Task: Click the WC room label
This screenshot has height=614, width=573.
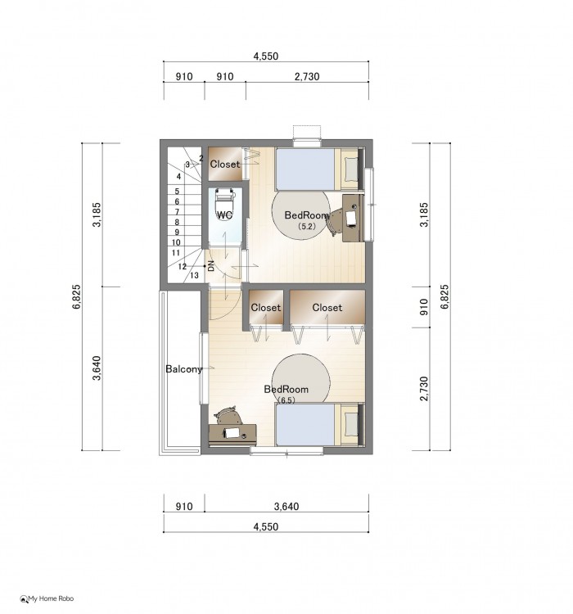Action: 224,215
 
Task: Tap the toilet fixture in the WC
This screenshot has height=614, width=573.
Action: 224,205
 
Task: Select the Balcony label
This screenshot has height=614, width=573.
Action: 183,369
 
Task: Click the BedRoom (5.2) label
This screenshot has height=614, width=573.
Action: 306,219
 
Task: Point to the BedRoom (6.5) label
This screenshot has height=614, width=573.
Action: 286,394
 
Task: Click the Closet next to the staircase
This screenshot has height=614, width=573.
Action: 225,164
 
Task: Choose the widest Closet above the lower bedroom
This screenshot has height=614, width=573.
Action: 327,307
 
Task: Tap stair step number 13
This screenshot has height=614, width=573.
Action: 194,275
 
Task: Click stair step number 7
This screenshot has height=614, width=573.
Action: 177,212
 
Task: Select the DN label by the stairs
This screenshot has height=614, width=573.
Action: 211,266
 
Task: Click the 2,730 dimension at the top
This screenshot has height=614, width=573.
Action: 307,76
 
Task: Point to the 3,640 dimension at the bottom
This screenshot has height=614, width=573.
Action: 286,506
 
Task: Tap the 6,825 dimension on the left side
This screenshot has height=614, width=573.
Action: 76,296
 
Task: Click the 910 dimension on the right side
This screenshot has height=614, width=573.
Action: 424,307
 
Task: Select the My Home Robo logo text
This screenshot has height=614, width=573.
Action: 51,598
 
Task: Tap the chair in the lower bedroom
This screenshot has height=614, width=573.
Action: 228,415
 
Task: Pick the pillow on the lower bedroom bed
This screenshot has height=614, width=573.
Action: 351,424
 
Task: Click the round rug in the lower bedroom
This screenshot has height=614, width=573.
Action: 300,378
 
